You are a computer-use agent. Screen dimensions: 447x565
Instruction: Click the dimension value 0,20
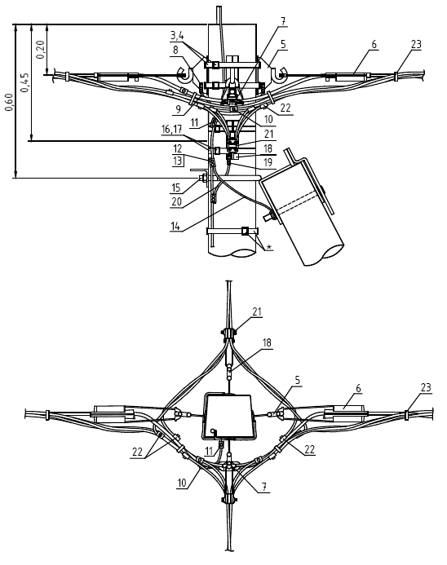(x=41, y=50)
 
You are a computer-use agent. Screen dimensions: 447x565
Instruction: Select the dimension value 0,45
(x=24, y=82)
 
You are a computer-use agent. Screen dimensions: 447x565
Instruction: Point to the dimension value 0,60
(x=10, y=103)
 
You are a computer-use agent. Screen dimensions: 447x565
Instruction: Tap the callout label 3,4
(x=177, y=35)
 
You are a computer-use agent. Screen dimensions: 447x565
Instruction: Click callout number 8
(x=175, y=50)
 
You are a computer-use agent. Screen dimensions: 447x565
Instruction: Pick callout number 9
(x=178, y=109)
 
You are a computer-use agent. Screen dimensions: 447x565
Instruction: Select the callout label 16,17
(x=171, y=129)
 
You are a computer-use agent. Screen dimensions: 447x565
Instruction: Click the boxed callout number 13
(x=177, y=161)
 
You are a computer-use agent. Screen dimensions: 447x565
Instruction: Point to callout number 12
(x=177, y=148)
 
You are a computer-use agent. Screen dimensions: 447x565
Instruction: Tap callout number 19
(x=268, y=162)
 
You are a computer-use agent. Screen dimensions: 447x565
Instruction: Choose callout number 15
(x=176, y=188)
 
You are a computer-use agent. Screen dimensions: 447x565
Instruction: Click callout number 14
(x=175, y=226)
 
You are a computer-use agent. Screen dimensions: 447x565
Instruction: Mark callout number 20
(x=176, y=201)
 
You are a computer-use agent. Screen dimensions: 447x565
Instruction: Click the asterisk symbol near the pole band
(x=268, y=247)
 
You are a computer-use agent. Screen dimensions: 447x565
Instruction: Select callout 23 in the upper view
(x=416, y=44)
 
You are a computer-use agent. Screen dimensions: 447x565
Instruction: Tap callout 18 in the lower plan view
(x=267, y=342)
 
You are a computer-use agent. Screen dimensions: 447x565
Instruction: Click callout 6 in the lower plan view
(x=358, y=388)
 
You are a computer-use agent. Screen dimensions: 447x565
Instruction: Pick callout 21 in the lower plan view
(x=257, y=311)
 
